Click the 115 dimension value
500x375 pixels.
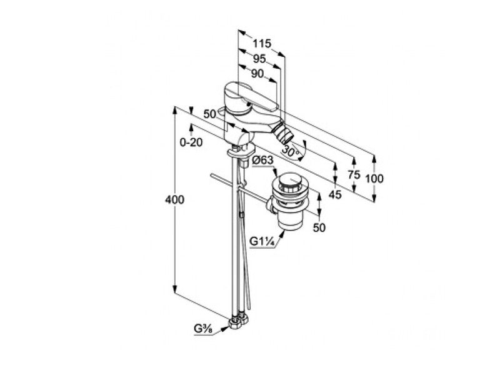pos(262,43)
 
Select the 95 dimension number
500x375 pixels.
pos(259,59)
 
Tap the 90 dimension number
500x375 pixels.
pos(257,74)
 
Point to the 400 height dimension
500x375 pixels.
pos(175,199)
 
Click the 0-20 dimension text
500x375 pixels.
pos(191,142)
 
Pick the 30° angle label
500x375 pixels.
pos(291,151)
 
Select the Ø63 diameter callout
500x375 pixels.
pos(262,161)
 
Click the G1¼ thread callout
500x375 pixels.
pos(262,241)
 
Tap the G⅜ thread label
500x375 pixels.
pos(204,329)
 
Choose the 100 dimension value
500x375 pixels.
pos(374,179)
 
